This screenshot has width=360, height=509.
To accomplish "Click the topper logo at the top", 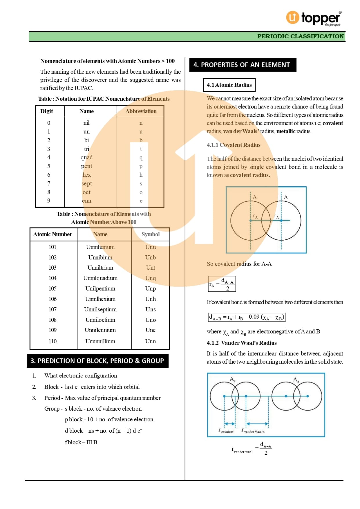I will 313,18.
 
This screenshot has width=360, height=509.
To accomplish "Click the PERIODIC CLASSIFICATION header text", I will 300,36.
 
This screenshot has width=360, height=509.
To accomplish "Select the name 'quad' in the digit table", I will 86,157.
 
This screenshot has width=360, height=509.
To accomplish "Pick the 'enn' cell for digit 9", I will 86,201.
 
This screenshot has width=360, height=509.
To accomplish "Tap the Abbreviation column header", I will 141,111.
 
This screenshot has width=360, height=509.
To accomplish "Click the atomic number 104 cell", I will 53,278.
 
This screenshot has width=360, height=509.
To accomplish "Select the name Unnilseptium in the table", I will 100,309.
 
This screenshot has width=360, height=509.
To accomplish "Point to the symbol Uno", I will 151,320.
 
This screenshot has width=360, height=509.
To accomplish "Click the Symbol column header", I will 151,234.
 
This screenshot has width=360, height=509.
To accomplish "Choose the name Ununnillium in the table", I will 100,341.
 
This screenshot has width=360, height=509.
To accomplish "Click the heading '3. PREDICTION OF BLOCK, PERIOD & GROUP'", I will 97,361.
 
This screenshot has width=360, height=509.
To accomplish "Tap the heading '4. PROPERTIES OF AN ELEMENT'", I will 243,65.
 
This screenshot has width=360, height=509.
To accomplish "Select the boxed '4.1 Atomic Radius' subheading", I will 229,85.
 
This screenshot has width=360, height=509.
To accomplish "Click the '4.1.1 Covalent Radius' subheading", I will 234,145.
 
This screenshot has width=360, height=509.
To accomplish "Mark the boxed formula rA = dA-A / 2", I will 222,284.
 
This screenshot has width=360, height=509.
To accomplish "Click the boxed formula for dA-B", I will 247,317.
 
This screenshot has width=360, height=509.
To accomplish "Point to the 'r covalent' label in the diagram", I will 226,431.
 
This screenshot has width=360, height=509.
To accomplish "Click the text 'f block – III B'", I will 81,442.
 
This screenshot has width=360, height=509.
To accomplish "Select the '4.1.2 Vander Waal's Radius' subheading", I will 242,343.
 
